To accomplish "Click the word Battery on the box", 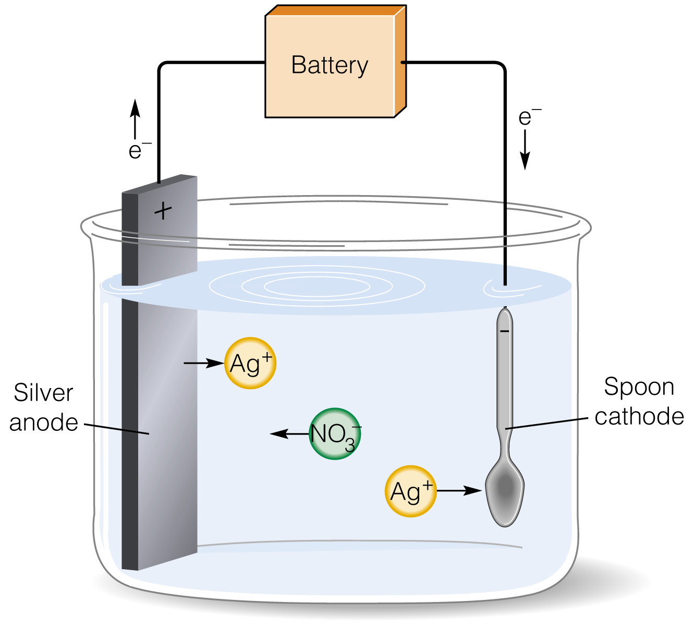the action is pos(330,66).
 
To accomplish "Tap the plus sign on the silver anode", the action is pos(163,211).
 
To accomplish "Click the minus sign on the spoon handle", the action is pos(505,331).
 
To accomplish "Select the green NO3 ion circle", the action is pos(335,434).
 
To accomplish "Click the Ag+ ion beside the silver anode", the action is pos(250,363).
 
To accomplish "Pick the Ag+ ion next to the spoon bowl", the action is pos(411,491).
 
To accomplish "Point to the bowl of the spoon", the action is pos(505,491).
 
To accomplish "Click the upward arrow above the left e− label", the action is pos(135,119).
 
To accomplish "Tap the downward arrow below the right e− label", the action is pos(525,150).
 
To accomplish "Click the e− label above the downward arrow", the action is pos(529,117).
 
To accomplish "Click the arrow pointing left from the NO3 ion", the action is pos(289,434).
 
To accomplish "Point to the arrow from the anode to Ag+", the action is pos(204,363).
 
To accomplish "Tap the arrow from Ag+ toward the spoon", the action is pos(459,490).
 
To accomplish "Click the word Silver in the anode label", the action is pos(43,393).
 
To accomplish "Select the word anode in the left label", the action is pos(44,423).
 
